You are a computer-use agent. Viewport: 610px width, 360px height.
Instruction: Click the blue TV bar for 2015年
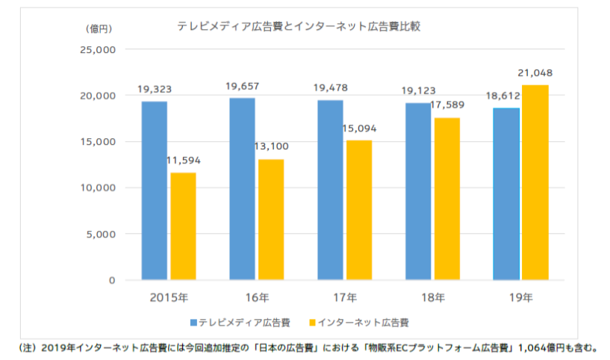click(155, 190)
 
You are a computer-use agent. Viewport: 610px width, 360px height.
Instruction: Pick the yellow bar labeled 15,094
click(360, 210)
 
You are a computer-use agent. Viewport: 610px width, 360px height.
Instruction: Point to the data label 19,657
click(243, 87)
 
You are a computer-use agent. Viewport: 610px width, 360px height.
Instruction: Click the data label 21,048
click(535, 73)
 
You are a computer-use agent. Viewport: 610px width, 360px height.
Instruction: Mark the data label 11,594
click(183, 161)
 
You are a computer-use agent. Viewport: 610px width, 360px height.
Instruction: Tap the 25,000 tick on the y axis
click(97, 50)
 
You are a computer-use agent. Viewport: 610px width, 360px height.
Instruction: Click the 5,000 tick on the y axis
click(100, 234)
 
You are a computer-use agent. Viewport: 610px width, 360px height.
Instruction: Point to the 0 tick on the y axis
click(111, 280)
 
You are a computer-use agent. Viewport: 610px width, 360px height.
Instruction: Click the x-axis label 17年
click(345, 297)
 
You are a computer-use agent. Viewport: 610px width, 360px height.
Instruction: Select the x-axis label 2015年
click(168, 297)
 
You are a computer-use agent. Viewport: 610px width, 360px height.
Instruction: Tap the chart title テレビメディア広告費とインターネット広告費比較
click(299, 26)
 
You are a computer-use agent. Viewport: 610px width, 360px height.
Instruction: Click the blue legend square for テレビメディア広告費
click(194, 323)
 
